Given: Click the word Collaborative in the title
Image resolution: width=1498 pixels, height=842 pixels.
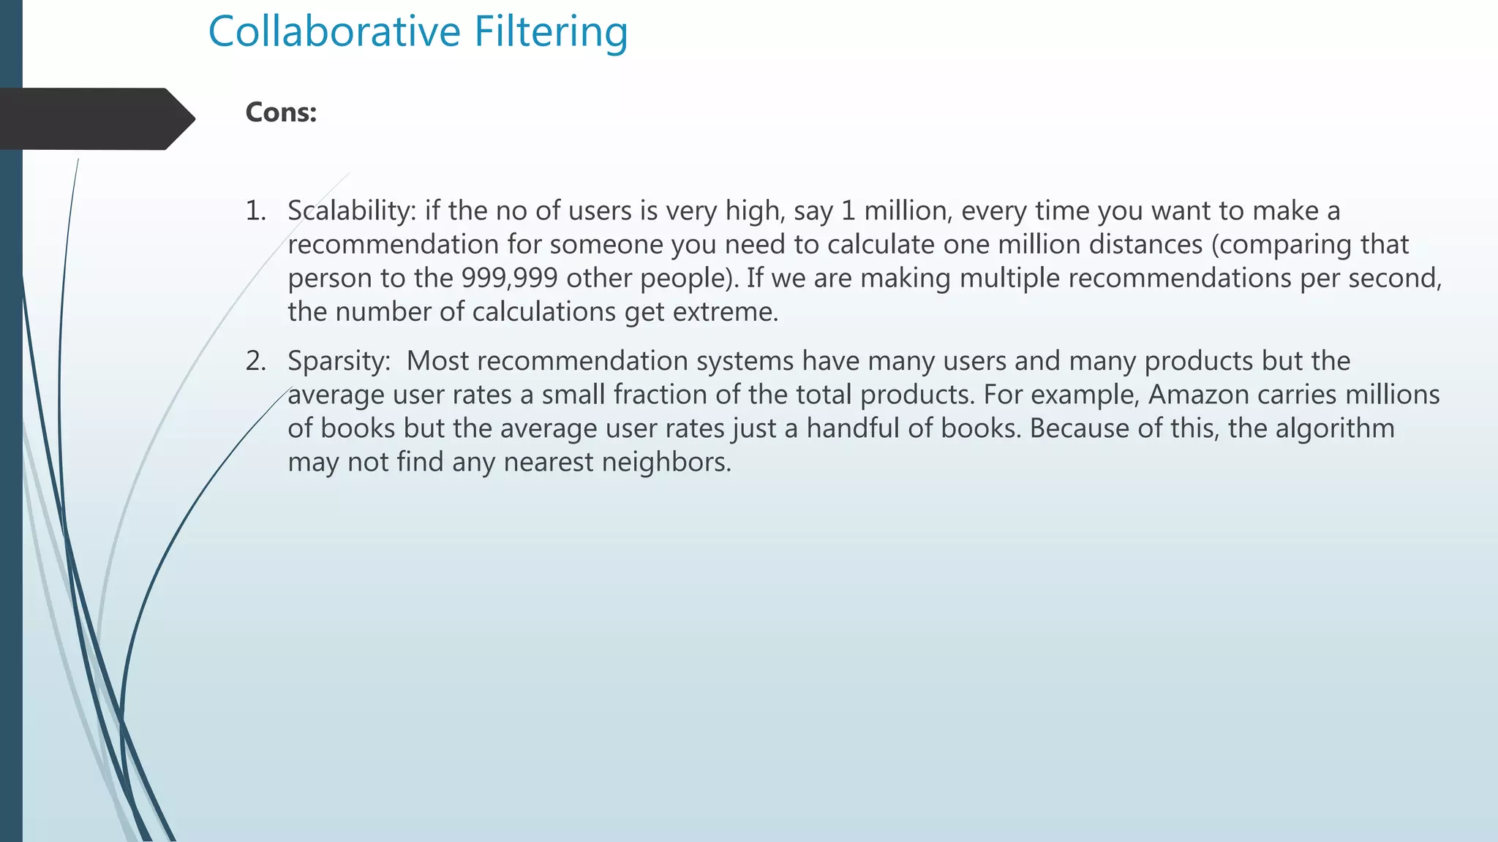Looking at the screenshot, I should point(334,32).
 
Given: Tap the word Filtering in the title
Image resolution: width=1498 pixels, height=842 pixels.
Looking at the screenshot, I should point(551,32).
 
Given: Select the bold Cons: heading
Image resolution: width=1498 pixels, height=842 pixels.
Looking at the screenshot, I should point(281,113).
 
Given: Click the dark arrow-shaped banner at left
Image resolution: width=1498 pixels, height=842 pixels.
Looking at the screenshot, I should point(95,118).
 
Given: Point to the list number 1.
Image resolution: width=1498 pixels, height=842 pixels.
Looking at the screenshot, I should point(255,211).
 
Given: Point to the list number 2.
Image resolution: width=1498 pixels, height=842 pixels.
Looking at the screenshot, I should point(255,361).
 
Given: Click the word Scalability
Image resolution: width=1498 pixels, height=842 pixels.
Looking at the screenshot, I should point(351,211).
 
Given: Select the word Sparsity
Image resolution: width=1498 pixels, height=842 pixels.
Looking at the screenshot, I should point(339,361).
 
